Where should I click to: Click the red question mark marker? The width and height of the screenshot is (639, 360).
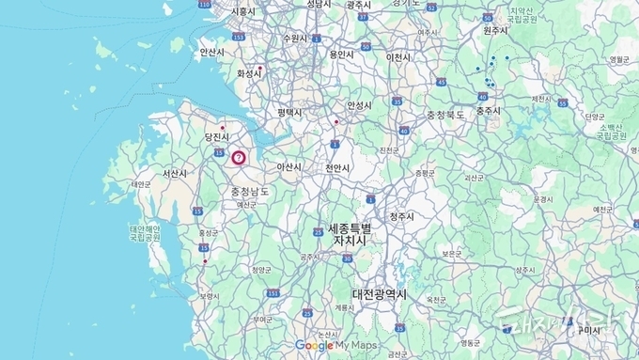[x=239, y=158]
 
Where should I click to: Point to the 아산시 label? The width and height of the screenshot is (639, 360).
[x=288, y=167]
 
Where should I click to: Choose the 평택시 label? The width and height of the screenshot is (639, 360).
[x=289, y=113]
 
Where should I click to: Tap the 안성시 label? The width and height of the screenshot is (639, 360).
[x=360, y=105]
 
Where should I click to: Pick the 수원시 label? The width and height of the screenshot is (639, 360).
[x=294, y=39]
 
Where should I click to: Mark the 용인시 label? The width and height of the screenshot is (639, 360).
[x=341, y=55]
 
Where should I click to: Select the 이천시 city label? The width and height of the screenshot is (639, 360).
[x=399, y=56]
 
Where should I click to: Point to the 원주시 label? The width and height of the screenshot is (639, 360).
[x=495, y=30]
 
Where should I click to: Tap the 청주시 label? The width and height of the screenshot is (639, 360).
[x=401, y=216]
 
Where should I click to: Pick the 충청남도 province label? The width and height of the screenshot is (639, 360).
[x=249, y=192]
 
